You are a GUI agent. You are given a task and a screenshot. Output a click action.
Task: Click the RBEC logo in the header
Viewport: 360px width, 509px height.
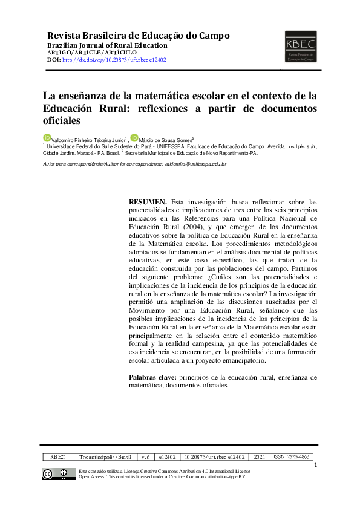[x=300, y=47]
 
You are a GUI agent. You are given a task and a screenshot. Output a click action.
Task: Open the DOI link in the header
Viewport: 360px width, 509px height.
[x=114, y=60]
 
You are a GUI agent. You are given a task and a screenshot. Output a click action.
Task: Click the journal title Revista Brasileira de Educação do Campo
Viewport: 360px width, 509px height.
[x=138, y=36]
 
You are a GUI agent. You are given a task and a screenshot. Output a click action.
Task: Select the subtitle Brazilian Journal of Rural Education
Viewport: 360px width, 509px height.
[x=107, y=45]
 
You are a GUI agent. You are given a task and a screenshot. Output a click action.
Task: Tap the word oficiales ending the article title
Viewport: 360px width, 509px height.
[x=61, y=120]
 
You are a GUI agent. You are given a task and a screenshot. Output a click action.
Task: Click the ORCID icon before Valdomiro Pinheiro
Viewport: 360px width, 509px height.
[x=45, y=138]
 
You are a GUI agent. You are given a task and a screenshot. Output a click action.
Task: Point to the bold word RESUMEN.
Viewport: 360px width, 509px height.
[x=148, y=201]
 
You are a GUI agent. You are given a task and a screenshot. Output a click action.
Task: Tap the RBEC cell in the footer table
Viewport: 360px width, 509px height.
[x=58, y=458]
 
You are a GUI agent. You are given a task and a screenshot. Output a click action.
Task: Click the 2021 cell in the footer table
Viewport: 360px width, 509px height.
[x=260, y=458]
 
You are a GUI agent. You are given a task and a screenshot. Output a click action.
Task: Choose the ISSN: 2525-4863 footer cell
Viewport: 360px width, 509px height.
[x=292, y=458]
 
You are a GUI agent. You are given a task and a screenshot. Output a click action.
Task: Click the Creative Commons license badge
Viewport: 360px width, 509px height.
[x=55, y=474]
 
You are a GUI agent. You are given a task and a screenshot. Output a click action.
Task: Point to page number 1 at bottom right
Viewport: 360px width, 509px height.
[x=316, y=465]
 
